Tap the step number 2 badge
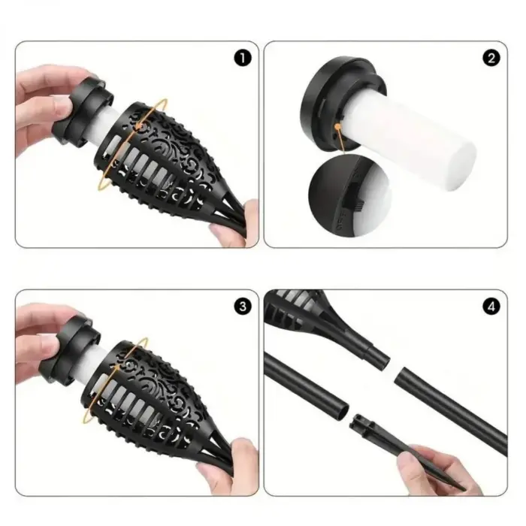492,59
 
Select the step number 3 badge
242,306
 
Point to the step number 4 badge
492,306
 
